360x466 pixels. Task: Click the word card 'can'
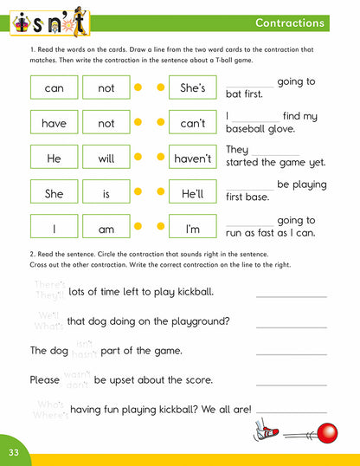click(x=54, y=88)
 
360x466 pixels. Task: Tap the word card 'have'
click(x=54, y=124)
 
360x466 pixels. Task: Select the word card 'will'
click(x=106, y=159)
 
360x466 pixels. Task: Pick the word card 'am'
click(x=106, y=230)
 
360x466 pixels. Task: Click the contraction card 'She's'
click(x=192, y=88)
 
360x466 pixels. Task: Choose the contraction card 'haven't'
click(x=192, y=159)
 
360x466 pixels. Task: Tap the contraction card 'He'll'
click(x=192, y=194)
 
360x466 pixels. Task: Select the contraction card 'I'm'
click(x=192, y=230)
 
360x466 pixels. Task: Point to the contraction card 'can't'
click(x=192, y=124)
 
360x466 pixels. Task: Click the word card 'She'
click(x=54, y=194)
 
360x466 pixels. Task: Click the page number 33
click(x=13, y=452)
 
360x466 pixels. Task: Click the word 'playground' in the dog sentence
click(x=197, y=321)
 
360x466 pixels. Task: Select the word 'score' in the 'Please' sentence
click(x=196, y=380)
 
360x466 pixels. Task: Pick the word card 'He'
click(x=54, y=159)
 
